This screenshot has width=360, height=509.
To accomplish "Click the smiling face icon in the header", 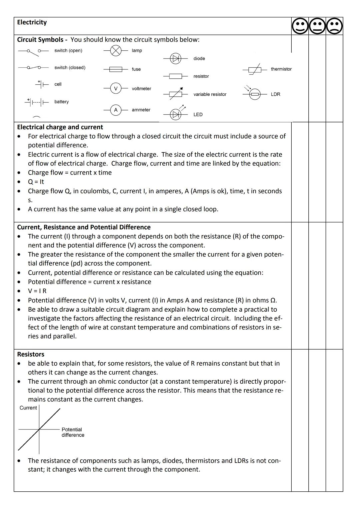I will [300, 26].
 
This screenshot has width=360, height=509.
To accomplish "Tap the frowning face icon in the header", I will [334, 26].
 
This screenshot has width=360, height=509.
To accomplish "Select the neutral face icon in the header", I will [317, 26].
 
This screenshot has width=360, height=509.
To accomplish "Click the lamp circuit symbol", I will [116, 51].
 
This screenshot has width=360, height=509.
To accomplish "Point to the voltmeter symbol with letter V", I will [116, 88].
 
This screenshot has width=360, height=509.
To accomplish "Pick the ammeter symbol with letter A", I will [116, 110].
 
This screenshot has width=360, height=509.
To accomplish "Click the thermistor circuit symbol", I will [255, 70].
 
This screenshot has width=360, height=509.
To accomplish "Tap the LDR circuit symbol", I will [255, 94].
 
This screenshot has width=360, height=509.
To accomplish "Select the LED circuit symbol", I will [175, 114].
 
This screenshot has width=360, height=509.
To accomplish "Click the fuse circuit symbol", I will [116, 69].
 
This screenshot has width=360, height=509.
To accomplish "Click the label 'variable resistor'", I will [210, 94].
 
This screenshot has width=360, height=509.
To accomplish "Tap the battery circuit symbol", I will [37, 102].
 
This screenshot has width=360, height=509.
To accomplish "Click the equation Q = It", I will [36, 182].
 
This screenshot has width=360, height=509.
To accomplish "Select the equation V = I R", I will [37, 291].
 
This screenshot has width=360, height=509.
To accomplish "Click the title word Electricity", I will [32, 22].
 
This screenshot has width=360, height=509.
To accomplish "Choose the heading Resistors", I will [31, 354].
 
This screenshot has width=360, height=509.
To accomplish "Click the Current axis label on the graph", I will [28, 408].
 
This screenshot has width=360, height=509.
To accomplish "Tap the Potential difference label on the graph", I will [73, 432].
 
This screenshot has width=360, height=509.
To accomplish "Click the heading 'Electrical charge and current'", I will [60, 127].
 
